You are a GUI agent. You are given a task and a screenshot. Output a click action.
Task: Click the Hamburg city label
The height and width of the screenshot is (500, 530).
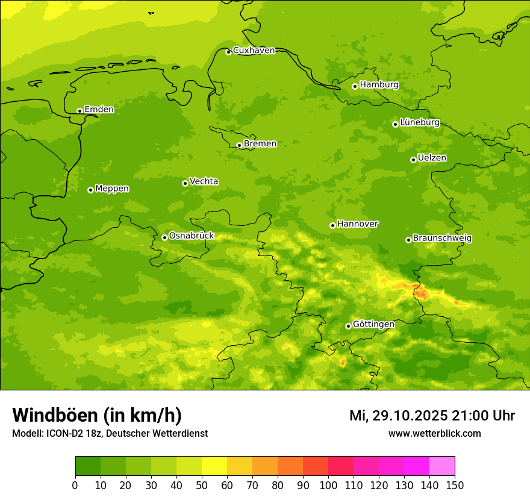[379, 85]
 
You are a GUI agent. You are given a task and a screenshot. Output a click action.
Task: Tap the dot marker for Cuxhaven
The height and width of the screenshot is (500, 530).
[228, 52]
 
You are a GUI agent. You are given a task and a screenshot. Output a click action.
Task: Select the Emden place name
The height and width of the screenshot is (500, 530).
[99, 110]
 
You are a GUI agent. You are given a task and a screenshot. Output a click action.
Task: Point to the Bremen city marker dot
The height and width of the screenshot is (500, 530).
[239, 145]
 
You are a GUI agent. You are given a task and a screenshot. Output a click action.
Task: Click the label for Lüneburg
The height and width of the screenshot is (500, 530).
[419, 122]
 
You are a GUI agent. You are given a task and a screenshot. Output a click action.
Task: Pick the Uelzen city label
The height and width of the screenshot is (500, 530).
[432, 158]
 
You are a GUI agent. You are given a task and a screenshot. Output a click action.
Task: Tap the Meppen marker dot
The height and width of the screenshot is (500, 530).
[90, 190]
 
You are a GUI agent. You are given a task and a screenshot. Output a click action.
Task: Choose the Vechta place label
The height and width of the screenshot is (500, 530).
[204, 181]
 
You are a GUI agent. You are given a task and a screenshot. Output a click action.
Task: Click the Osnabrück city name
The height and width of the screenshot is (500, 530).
[192, 236]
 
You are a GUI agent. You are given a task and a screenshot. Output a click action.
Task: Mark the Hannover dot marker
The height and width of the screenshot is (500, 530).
[332, 225]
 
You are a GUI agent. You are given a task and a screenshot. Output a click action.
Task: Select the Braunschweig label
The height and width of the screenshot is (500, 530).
[442, 238]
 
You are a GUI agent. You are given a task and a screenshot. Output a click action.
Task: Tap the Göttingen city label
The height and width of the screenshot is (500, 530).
[373, 324]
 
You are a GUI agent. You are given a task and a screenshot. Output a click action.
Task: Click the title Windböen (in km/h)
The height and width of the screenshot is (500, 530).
[97, 415]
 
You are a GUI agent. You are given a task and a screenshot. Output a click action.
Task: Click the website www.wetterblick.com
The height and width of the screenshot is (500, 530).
[434, 433]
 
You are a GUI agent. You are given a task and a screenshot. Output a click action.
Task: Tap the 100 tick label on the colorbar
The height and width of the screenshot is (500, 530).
[328, 485]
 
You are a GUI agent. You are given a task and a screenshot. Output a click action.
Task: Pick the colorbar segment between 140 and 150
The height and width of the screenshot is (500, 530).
[442, 466]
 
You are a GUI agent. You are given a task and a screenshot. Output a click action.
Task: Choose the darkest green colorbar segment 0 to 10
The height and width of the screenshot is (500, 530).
[88, 466]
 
